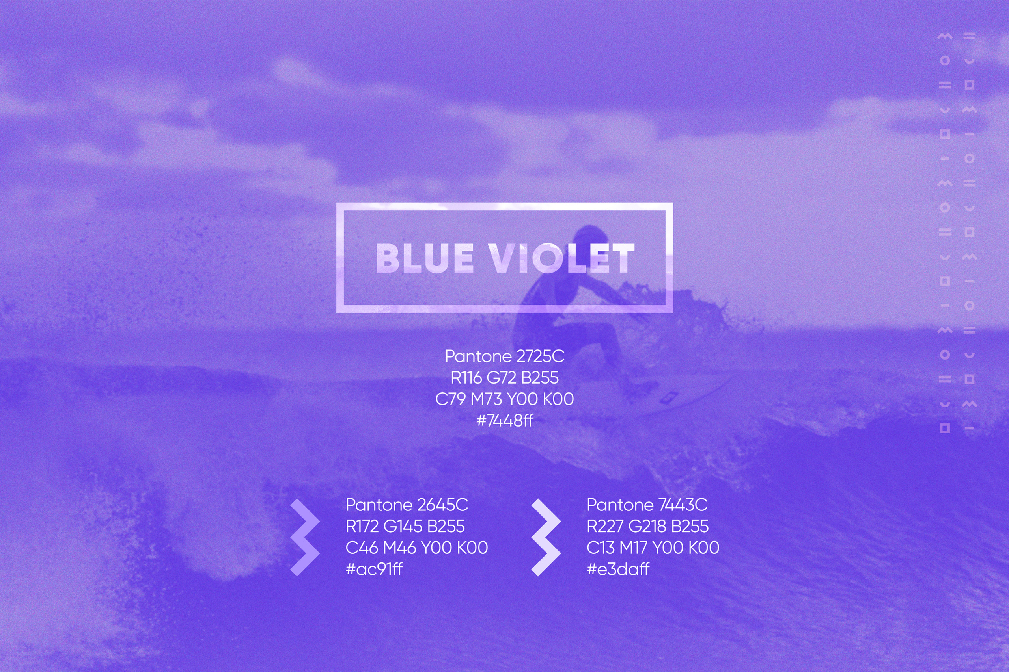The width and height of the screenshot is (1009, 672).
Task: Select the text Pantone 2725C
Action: tap(505, 356)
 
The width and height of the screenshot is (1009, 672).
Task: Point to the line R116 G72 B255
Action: tap(505, 378)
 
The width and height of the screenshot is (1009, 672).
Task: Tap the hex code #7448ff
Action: tap(505, 420)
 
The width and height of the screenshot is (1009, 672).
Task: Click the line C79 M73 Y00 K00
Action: tap(505, 399)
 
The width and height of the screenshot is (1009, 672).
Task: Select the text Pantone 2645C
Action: tap(407, 505)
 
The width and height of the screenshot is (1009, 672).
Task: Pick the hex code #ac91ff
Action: tap(374, 569)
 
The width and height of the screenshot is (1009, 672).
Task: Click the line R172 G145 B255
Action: tap(405, 526)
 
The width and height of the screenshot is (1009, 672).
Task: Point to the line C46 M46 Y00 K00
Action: tap(416, 548)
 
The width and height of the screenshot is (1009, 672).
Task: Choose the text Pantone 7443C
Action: tap(647, 505)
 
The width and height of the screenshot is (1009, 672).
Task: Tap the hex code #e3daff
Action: tap(618, 569)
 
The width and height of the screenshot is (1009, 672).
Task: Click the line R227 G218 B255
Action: tap(648, 526)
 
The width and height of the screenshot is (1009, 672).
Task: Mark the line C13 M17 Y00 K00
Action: tap(653, 548)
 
